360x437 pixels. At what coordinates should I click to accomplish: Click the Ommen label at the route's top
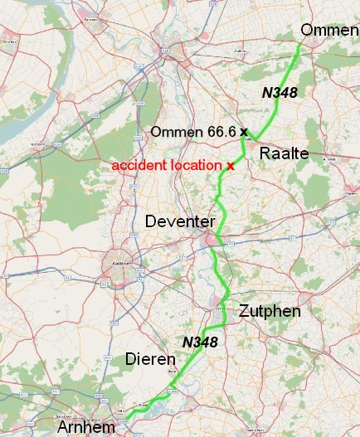point(329,30)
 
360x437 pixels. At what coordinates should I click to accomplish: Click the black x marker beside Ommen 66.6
point(245,132)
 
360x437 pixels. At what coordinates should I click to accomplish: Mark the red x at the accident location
point(230,166)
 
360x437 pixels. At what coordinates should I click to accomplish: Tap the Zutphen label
point(269,312)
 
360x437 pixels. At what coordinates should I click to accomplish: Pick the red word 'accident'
point(139,166)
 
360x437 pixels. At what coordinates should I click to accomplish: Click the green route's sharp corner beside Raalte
point(255,139)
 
